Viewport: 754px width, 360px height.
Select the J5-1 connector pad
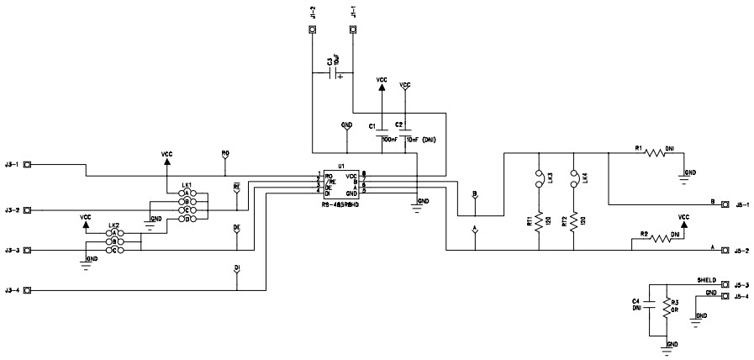point(725,204)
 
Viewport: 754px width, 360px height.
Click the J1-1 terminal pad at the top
point(353,30)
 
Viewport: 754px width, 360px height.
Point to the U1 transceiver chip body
point(341,184)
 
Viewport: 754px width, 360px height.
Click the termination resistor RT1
point(537,220)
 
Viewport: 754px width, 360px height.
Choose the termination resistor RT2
point(573,220)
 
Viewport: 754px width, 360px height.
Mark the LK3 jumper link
point(537,179)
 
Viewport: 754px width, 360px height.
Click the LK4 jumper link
point(573,179)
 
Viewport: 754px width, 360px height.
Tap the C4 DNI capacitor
point(651,305)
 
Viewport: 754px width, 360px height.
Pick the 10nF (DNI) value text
point(421,140)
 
